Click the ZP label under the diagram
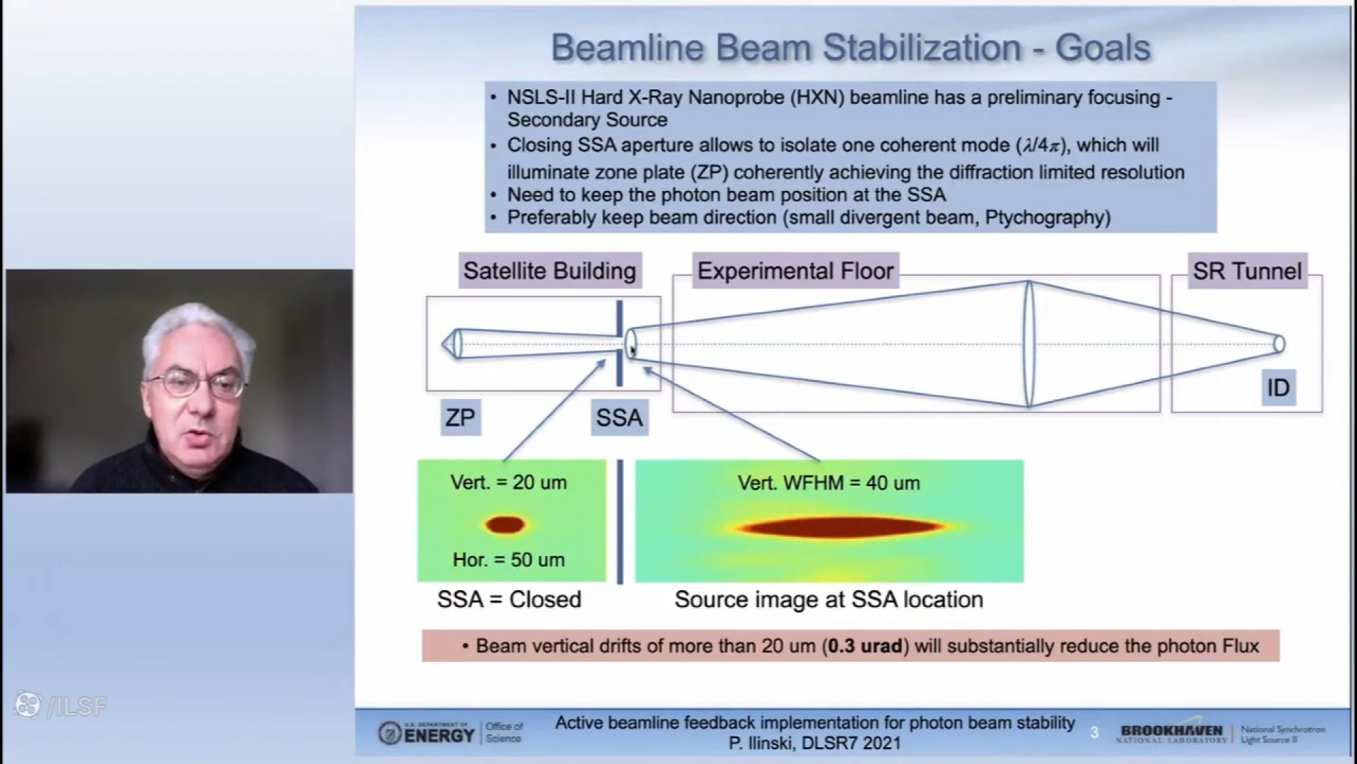(460, 417)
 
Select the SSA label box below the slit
(619, 417)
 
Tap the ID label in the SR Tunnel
(1278, 388)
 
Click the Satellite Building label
(550, 271)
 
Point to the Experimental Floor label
(795, 271)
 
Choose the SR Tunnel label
(1247, 271)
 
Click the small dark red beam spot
(505, 525)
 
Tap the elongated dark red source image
(839, 527)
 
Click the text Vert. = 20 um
(509, 483)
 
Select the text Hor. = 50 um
(509, 560)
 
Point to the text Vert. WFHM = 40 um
(829, 483)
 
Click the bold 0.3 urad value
(865, 646)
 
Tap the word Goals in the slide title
(1103, 48)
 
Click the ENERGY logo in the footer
(426, 734)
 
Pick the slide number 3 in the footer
(1094, 733)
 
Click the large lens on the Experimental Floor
(1029, 344)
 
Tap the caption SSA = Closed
(509, 600)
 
